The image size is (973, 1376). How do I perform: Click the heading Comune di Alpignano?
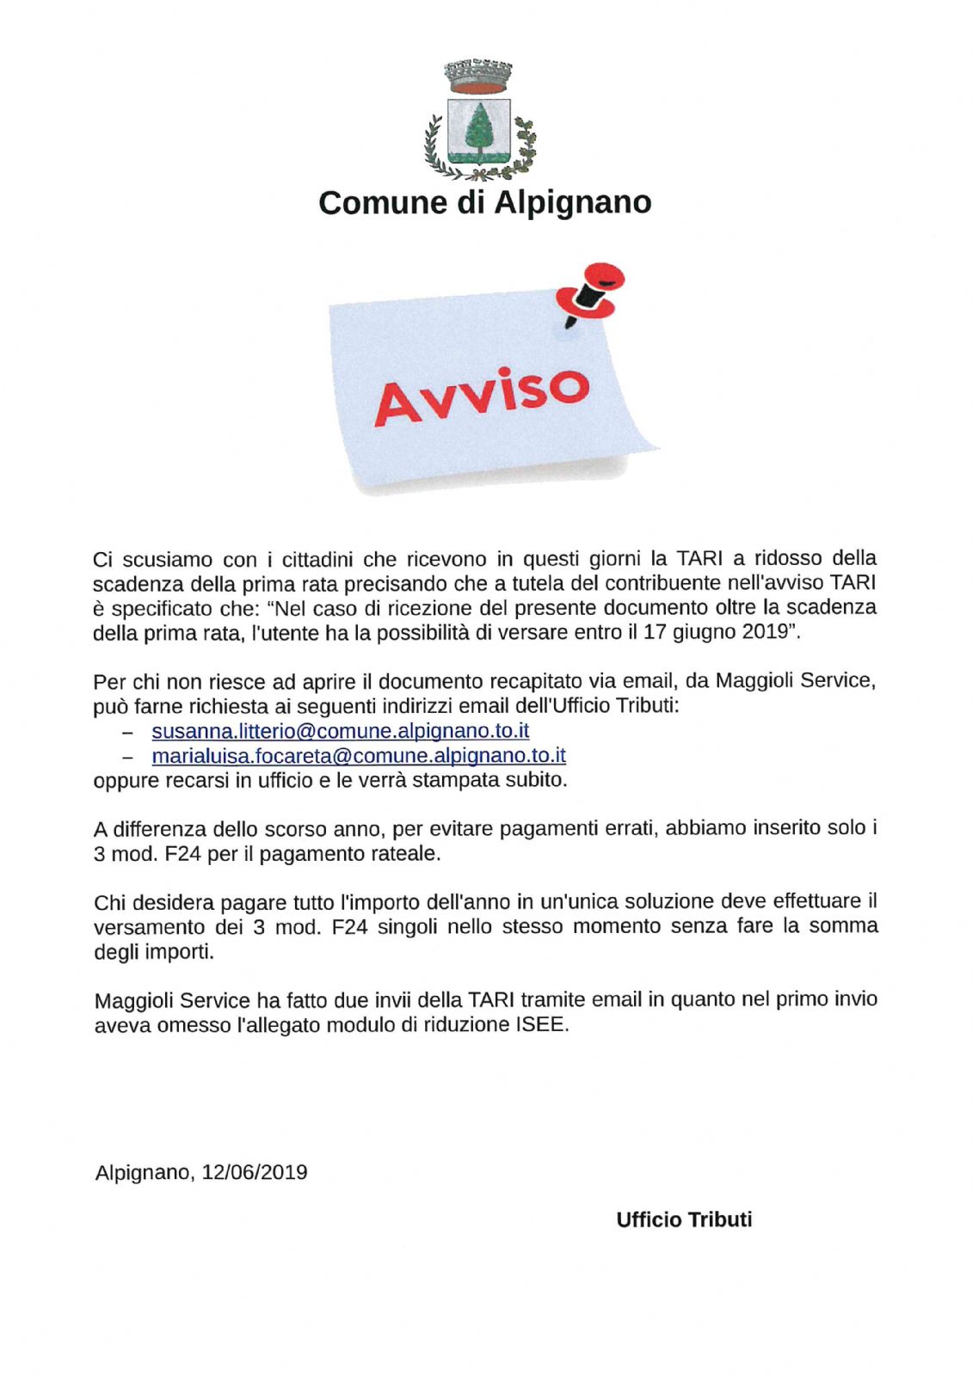[484, 203]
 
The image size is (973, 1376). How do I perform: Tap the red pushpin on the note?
[592, 292]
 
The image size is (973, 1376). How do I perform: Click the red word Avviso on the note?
[482, 396]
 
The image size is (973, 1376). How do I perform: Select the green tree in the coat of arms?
[478, 128]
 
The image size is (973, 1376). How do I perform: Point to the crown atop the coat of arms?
[478, 76]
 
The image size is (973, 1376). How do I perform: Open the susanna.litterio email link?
[340, 731]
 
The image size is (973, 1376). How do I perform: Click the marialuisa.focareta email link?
[359, 756]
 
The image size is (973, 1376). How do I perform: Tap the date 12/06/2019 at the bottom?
[255, 1172]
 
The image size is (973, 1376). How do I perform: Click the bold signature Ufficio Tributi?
[684, 1219]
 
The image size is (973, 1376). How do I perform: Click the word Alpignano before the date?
[144, 1172]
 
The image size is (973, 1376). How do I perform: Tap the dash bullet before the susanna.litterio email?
[127, 732]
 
